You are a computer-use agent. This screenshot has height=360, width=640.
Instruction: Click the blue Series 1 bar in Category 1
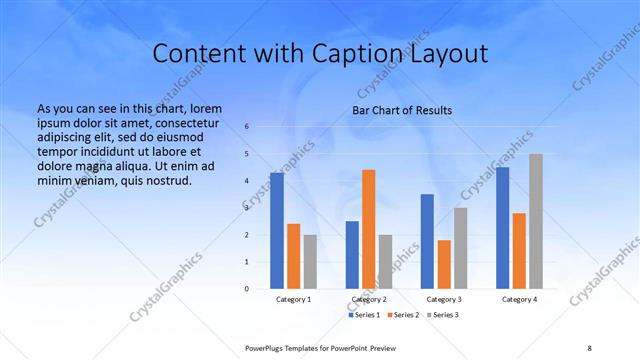coord(277,231)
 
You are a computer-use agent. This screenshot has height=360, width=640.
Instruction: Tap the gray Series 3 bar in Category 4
coord(536,221)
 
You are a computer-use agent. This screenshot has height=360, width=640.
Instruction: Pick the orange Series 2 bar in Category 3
coord(444,264)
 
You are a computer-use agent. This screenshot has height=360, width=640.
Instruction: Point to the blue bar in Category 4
coord(502,228)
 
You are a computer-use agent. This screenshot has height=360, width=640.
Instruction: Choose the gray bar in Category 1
coord(310,262)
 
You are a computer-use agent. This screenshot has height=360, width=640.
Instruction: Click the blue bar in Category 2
coord(352,255)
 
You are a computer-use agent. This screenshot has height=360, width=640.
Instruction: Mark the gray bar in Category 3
coord(460,248)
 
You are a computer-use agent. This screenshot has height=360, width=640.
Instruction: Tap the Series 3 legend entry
coord(444,315)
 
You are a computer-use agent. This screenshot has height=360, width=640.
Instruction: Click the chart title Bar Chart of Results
coord(402,110)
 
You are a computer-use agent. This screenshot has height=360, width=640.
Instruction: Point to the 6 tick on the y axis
coord(247,127)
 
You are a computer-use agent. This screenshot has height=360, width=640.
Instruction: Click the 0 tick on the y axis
coord(247,289)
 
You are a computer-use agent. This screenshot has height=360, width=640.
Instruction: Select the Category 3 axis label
coord(444,299)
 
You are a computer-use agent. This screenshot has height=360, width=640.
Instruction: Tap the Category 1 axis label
coord(293,299)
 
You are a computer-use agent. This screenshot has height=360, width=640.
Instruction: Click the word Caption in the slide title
coord(372,53)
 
